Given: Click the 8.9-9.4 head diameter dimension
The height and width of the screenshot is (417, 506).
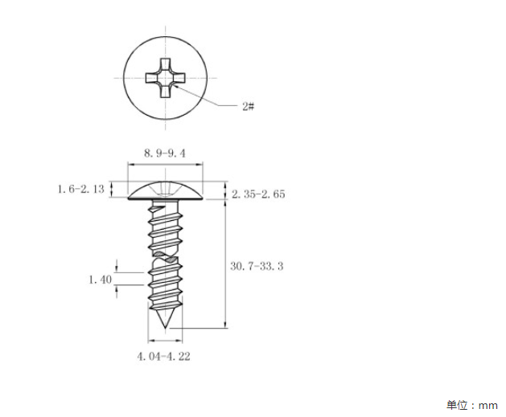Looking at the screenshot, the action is [x=165, y=153].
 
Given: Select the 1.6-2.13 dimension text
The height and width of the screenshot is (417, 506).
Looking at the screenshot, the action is [x=81, y=189].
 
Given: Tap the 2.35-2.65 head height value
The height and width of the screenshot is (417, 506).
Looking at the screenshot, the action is [x=258, y=194].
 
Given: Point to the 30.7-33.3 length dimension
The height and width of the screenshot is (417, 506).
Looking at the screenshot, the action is [x=257, y=266].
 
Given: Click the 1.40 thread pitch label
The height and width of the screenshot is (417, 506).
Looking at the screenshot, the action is [x=101, y=280].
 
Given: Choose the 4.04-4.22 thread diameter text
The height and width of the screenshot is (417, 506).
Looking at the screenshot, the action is [x=163, y=357].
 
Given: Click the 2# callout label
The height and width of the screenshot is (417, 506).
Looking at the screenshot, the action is [x=248, y=106].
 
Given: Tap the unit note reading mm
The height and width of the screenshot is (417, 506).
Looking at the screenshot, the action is [x=488, y=406].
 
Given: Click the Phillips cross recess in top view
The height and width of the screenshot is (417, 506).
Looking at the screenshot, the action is [x=165, y=78].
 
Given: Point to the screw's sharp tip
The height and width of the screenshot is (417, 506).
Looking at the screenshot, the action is [x=165, y=328].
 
